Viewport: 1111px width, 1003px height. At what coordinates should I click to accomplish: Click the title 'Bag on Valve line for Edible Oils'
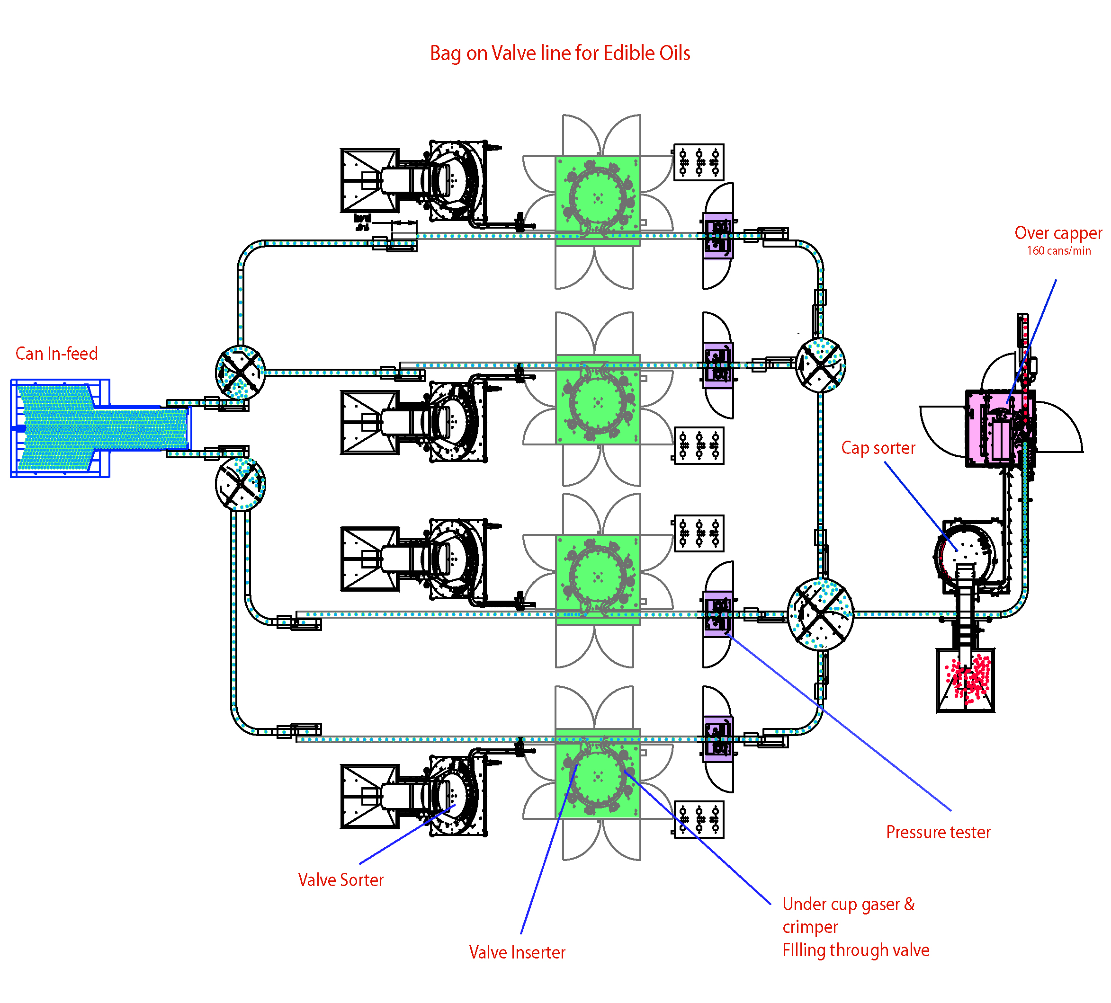tap(559, 53)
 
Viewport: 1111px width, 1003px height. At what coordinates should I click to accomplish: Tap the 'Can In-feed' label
tap(56, 354)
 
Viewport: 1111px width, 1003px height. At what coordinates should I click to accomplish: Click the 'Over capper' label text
tap(1057, 233)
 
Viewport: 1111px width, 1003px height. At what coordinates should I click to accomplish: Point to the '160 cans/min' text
tap(1058, 251)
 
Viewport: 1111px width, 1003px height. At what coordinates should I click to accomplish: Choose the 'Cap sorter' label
tap(878, 448)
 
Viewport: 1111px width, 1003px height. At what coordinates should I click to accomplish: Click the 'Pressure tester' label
tap(938, 832)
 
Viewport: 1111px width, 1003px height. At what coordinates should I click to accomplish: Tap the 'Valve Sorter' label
tap(340, 879)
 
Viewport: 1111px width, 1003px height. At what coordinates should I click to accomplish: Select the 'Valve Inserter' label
tap(517, 952)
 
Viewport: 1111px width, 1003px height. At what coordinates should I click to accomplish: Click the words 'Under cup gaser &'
tap(848, 904)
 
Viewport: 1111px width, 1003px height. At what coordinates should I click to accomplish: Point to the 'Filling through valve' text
tap(855, 950)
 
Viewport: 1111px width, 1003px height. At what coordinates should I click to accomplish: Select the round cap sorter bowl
tap(966, 551)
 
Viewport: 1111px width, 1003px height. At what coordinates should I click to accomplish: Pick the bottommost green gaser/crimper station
tap(598, 774)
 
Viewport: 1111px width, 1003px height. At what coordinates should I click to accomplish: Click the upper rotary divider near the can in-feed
tap(240, 373)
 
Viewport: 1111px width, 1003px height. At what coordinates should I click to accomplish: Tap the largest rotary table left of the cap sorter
tap(821, 614)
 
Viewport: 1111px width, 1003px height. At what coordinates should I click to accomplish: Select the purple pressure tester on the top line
tap(718, 235)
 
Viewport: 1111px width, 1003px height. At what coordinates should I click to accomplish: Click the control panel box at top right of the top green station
tap(699, 162)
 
